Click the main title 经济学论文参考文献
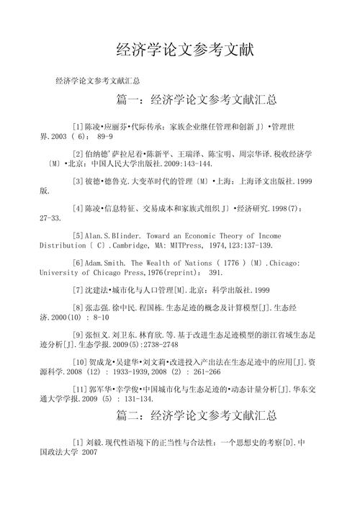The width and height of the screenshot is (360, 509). pos(185,51)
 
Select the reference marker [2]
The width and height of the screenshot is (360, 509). pos(78,153)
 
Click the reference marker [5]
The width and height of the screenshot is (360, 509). pos(78,235)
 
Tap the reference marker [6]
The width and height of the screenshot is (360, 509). pos(78,263)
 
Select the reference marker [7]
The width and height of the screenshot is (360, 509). pos(78,290)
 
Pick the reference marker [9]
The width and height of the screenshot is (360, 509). pos(78,335)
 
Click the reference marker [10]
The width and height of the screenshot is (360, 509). pos(80,362)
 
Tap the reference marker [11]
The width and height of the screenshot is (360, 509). pos(80,389)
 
